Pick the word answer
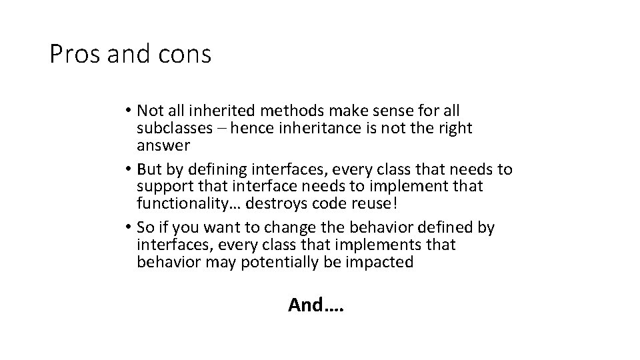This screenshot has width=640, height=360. (163, 145)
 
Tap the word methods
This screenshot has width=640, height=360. (285, 110)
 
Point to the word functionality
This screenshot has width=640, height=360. (176, 204)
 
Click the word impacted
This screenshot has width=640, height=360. (380, 263)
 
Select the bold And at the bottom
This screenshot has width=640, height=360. (305, 305)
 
